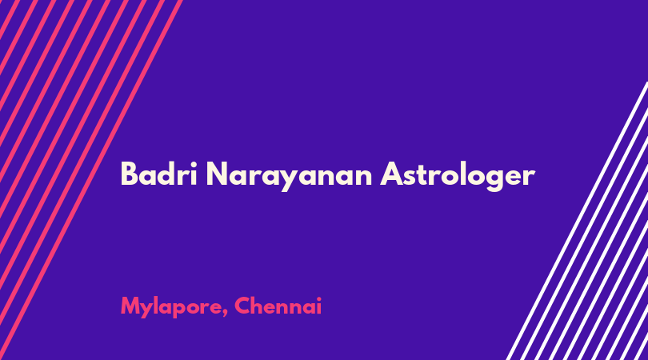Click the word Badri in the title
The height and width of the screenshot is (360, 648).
pyautogui.click(x=158, y=174)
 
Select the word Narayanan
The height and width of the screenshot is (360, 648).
pyautogui.click(x=290, y=177)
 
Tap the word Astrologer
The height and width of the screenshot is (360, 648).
pyautogui.click(x=458, y=177)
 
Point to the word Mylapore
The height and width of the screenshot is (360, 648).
pyautogui.click(x=174, y=307)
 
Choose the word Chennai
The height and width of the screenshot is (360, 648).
pyautogui.click(x=278, y=306)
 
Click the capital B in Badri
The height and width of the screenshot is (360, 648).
pyautogui.click(x=129, y=174)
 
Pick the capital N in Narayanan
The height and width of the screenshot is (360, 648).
pyautogui.click(x=217, y=174)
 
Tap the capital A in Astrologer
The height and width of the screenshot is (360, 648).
pyautogui.click(x=392, y=174)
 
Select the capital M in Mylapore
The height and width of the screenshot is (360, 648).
pyautogui.click(x=130, y=306)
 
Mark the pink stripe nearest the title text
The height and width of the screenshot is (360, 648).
pyautogui.click(x=91, y=180)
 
